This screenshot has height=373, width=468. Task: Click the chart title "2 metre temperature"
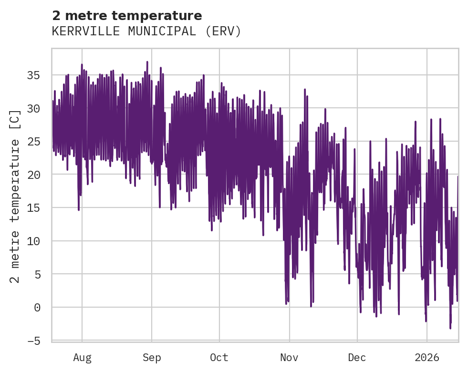coord(127,16)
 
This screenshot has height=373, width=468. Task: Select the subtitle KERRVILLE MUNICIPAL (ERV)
coord(146,31)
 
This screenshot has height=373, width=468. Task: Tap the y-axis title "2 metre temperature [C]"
coord(15,196)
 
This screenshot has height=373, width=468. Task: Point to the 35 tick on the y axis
coord(34,75)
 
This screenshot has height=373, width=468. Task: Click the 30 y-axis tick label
coord(34,108)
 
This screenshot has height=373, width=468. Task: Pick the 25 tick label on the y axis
coord(34,142)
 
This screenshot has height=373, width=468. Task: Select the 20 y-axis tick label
coord(34,175)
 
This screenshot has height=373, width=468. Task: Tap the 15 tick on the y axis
coord(34,208)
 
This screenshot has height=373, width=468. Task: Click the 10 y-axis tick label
coord(34,241)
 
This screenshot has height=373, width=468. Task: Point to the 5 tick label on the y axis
coord(37,274)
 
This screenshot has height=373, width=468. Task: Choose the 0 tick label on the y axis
coord(37,307)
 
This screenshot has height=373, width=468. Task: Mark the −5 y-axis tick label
coord(34,341)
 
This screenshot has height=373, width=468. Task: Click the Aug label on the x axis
coord(82,358)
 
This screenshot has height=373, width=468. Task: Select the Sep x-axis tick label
coord(152,358)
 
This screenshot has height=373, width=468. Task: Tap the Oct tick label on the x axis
coord(219,358)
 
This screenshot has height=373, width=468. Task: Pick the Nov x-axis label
coord(289,358)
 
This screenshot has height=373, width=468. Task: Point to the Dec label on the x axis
coord(357,358)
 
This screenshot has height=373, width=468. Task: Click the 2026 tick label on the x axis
coord(426,358)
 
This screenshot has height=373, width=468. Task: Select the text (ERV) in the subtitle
coord(224,31)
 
